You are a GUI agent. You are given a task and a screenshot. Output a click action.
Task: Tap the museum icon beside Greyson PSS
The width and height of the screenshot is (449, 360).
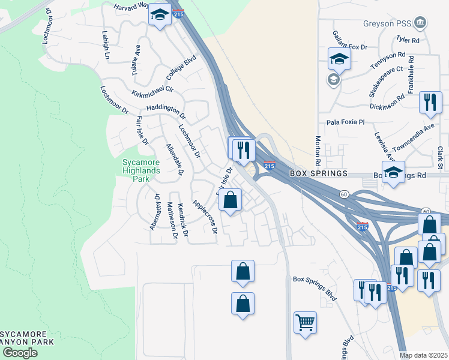(x=421, y=23)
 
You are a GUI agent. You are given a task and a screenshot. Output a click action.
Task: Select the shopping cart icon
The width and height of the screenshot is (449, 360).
(x=305, y=322)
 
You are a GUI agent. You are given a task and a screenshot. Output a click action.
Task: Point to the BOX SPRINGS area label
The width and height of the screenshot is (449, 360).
(x=318, y=173)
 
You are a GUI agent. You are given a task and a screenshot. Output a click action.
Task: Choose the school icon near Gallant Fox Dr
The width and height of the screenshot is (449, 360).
(x=339, y=59)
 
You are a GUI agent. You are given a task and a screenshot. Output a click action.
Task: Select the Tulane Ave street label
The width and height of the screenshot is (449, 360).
(x=136, y=60)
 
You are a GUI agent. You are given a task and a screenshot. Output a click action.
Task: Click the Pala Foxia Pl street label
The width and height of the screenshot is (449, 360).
(x=345, y=122)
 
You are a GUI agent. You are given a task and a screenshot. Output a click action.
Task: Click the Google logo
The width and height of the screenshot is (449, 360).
(x=19, y=353)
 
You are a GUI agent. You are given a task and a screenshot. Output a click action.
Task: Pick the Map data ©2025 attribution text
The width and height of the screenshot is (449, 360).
(x=423, y=355)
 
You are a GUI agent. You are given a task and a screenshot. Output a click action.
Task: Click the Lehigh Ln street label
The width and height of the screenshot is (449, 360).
(x=106, y=45)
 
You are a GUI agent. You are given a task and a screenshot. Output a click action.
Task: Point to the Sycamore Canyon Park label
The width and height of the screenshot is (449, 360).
(x=27, y=337)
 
